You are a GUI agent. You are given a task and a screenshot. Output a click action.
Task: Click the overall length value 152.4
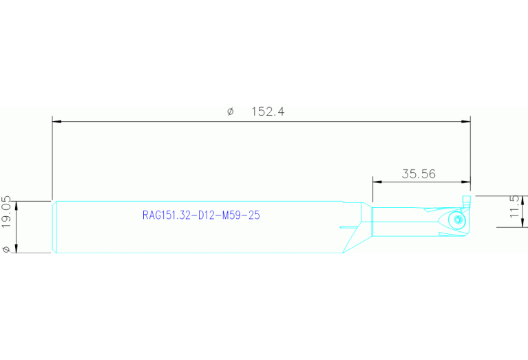268,111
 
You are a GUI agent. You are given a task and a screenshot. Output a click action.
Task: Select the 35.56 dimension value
419,173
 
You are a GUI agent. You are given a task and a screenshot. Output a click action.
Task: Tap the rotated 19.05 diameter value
6,212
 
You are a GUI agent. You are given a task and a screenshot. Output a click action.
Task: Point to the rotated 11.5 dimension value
515,207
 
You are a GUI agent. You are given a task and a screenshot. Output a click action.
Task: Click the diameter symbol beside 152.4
231,112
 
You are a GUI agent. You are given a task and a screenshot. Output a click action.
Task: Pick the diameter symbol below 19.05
6,249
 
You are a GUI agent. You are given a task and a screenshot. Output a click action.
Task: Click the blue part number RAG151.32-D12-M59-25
201,215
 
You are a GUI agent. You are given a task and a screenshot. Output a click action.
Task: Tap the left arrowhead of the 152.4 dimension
56,122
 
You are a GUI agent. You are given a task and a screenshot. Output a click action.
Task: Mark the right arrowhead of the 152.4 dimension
466,122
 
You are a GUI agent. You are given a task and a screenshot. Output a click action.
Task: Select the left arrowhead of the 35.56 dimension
377,182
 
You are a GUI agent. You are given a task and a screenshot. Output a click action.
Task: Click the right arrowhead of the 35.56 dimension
466,182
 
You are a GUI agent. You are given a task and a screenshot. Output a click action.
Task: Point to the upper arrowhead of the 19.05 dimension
17,206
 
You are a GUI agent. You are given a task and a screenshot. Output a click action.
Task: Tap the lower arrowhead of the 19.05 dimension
17,248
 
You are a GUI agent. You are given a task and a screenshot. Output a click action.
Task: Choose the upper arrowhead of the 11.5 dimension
522,200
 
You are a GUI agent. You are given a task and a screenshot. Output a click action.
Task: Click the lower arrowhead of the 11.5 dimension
522,222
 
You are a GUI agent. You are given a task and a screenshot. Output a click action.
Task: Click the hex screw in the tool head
458,220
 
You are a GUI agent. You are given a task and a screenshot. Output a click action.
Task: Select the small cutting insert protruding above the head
466,202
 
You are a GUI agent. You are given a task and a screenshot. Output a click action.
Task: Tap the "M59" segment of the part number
229,215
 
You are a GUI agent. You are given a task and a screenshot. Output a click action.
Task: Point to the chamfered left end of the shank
54,227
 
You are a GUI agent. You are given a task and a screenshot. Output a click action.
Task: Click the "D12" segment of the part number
207,215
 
